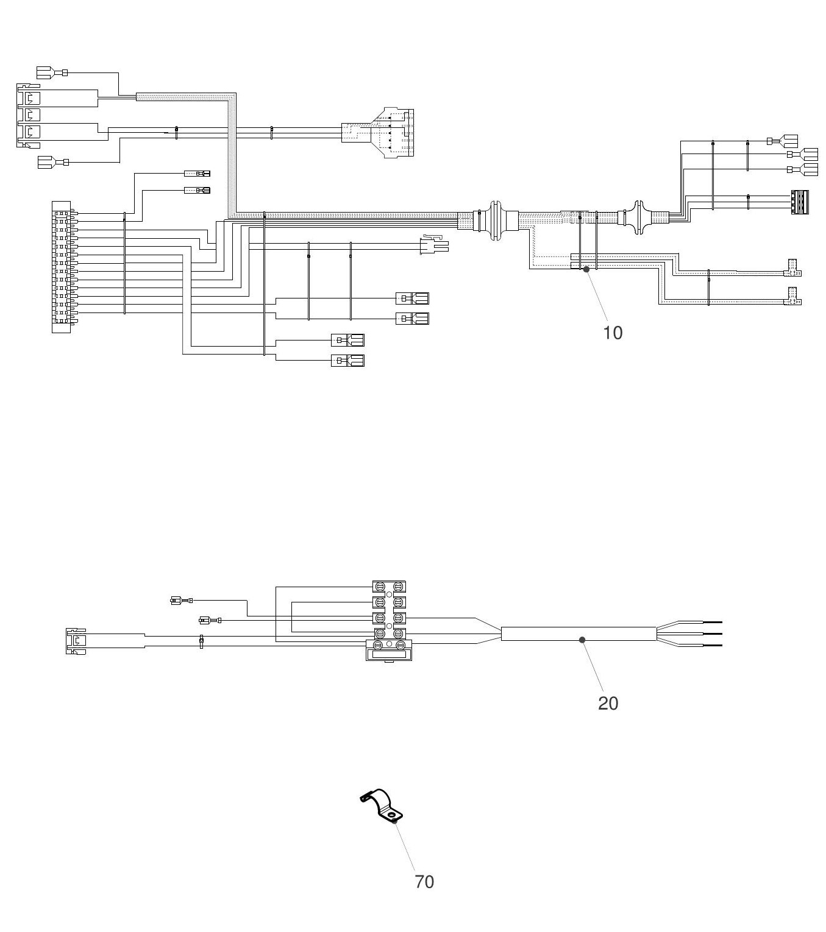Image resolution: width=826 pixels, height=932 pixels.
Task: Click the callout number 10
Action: pyautogui.click(x=613, y=333)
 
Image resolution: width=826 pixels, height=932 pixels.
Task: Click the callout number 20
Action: pyautogui.click(x=608, y=704)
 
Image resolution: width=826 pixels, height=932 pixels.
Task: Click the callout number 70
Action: pyautogui.click(x=424, y=882)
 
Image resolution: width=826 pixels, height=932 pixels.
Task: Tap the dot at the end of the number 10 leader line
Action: pyautogui.click(x=586, y=269)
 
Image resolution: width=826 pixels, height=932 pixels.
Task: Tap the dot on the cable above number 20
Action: pyautogui.click(x=582, y=640)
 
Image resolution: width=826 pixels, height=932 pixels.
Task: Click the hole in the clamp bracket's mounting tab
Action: pyautogui.click(x=391, y=816)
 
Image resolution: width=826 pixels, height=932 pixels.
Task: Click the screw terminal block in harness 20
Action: pyautogui.click(x=388, y=620)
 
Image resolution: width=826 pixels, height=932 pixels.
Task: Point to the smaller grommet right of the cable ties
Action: pyautogui.click(x=637, y=217)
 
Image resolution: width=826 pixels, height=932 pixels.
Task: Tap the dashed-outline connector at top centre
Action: pyautogui.click(x=377, y=133)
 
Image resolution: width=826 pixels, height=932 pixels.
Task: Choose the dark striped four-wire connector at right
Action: pyautogui.click(x=800, y=202)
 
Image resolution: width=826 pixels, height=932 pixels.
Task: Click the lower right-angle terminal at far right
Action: pyautogui.click(x=792, y=296)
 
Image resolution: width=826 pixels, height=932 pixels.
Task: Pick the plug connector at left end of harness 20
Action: pyautogui.click(x=76, y=641)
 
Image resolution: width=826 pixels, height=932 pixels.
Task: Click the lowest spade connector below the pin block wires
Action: pyautogui.click(x=347, y=360)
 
